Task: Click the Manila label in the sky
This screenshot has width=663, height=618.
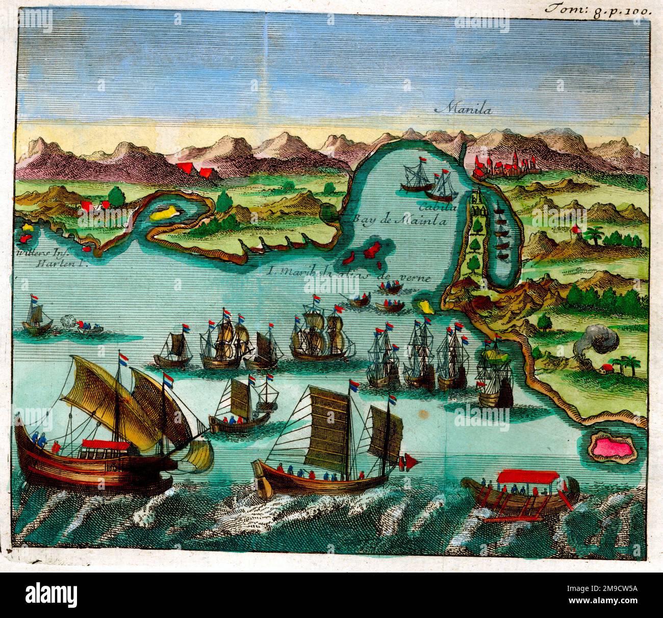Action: (461, 108)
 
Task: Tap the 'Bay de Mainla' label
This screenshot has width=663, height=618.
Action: (399, 221)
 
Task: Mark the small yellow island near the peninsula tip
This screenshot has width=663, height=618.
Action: (424, 305)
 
